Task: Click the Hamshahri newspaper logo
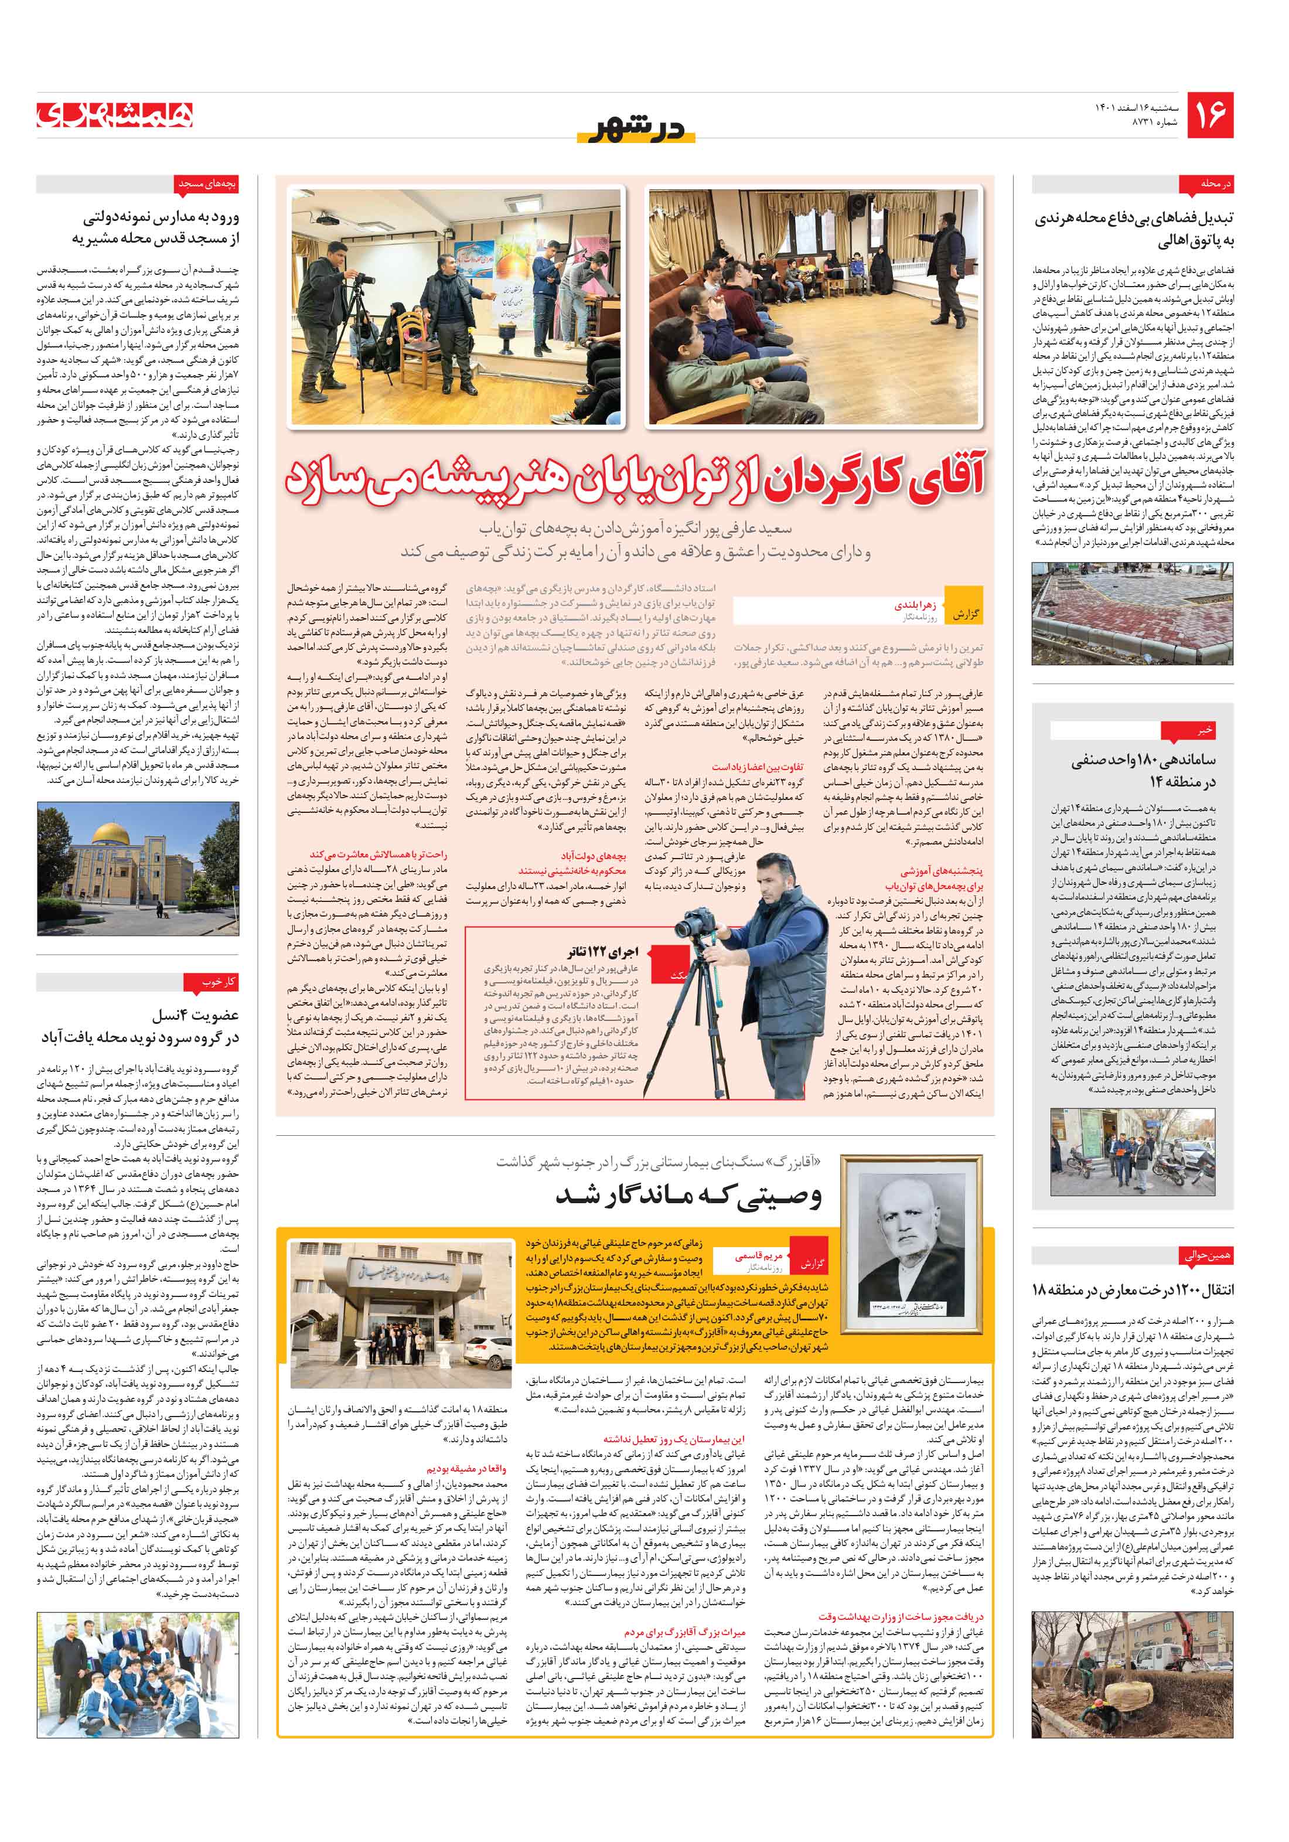115,115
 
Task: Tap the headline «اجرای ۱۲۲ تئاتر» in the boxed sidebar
602,952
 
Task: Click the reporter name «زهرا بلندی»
915,607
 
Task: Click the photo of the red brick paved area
1131,614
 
